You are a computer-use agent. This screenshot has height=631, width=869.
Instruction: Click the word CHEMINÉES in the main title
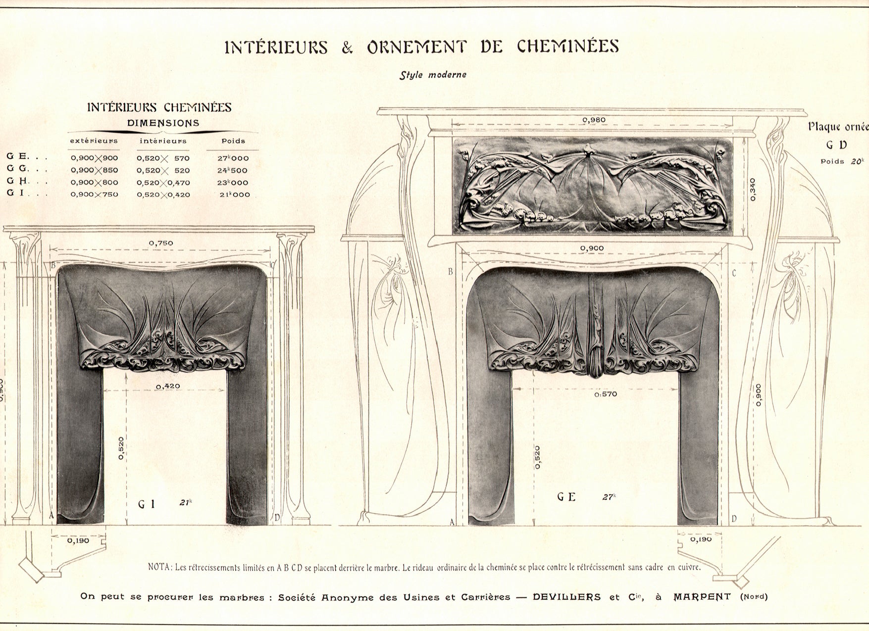(x=568, y=47)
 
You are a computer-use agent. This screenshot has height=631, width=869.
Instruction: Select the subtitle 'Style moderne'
(x=433, y=75)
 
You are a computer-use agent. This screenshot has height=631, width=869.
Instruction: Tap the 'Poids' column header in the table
(x=233, y=141)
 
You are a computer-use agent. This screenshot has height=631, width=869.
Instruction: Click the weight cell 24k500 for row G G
(x=233, y=170)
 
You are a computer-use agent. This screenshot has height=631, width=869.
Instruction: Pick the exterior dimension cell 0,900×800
(x=94, y=183)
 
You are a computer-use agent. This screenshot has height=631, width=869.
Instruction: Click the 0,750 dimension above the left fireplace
(x=161, y=243)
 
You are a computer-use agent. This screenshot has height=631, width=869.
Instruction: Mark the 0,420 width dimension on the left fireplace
(x=168, y=386)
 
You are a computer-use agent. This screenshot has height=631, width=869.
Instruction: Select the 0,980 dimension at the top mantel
(x=594, y=120)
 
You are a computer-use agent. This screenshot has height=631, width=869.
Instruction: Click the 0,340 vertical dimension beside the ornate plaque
(x=753, y=189)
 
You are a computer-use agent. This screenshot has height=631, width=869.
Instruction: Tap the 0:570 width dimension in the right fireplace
(x=606, y=394)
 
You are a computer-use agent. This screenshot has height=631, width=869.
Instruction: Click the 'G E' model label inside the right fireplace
(x=566, y=496)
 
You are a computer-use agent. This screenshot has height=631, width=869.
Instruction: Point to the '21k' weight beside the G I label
(x=186, y=503)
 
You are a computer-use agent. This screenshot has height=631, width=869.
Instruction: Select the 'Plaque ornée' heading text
(x=838, y=126)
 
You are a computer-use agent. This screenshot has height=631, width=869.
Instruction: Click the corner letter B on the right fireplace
(x=451, y=271)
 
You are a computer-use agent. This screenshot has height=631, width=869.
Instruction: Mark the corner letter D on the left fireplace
(x=277, y=517)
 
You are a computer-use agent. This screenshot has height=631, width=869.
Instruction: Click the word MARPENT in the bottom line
(x=702, y=596)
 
